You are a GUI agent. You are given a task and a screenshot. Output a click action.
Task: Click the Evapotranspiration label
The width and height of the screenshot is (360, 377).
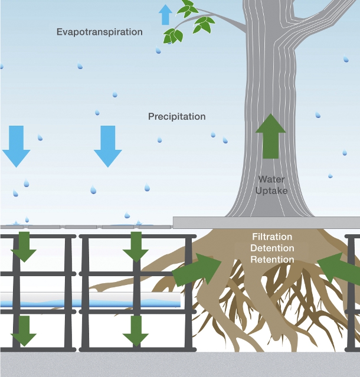[100, 32]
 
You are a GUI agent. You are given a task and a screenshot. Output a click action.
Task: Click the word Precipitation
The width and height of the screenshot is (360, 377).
[176, 116]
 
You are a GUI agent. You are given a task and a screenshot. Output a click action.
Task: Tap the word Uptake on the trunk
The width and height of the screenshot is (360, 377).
[271, 191]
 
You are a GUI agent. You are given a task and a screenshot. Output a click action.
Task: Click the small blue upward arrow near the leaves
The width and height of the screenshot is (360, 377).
[166, 14]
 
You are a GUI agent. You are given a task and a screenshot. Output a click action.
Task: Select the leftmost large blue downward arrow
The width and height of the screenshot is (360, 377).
[16, 146]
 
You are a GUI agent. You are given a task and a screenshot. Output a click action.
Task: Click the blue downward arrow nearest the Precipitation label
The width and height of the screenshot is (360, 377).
[108, 146]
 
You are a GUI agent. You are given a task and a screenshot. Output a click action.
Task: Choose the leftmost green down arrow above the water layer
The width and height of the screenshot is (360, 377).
[24, 247]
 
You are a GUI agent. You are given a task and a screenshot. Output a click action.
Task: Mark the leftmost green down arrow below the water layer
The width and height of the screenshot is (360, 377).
[24, 330]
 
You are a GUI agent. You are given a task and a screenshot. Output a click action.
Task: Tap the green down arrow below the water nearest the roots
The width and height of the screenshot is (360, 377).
[136, 330]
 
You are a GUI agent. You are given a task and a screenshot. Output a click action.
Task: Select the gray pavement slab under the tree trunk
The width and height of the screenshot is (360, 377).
[266, 222]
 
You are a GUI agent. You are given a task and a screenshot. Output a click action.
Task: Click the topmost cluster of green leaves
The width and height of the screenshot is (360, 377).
[188, 8]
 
